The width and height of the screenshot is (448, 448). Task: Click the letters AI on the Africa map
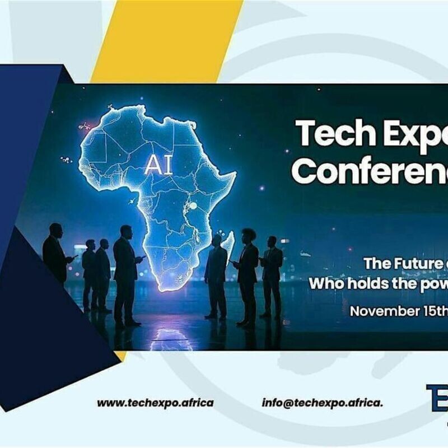[158, 164]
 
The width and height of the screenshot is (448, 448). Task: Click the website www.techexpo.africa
[155, 403]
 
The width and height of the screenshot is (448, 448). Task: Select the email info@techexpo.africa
[323, 403]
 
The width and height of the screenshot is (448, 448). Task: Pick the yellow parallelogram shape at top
[168, 39]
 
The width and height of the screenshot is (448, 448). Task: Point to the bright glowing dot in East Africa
[193, 206]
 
